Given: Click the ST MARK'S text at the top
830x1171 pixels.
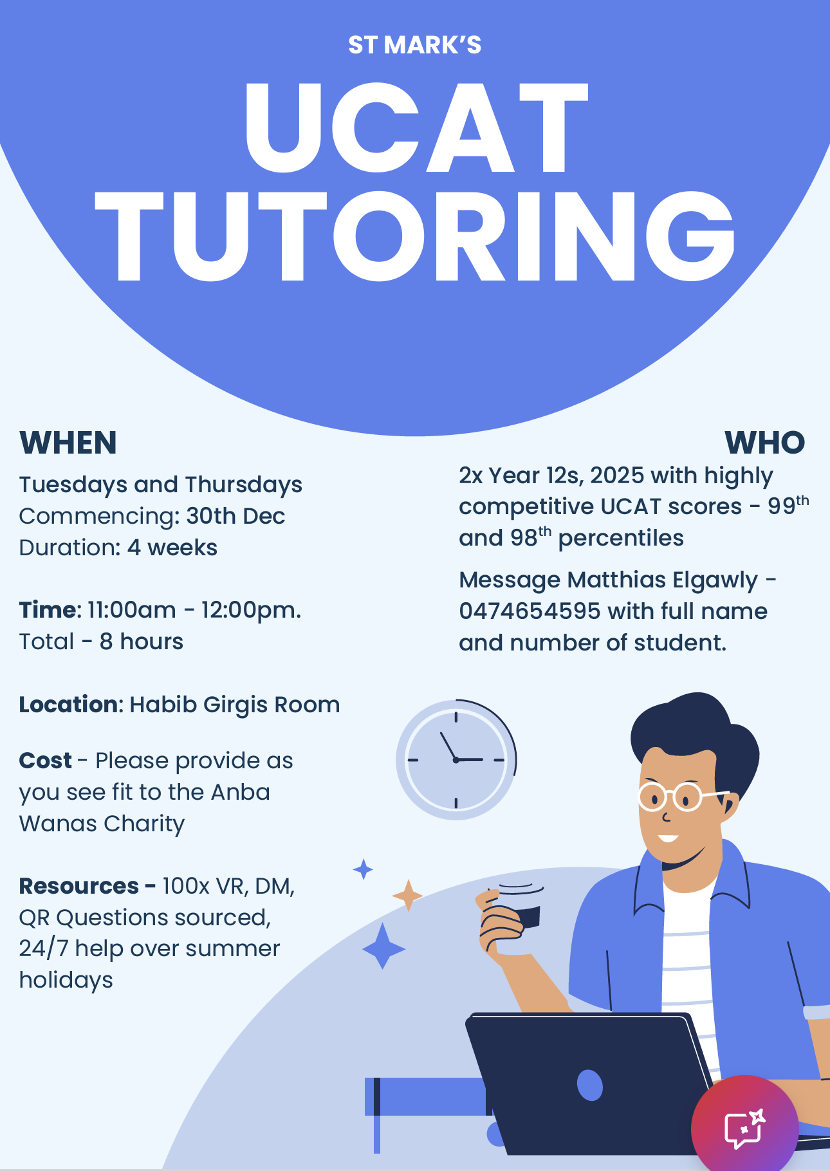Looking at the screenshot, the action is click(x=415, y=45).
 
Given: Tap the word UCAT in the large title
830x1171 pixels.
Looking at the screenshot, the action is click(x=416, y=128).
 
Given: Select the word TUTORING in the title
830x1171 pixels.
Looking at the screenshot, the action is click(x=415, y=237).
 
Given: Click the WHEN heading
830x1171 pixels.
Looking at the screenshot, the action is click(x=68, y=443).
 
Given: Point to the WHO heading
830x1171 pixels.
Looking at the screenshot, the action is click(x=765, y=443).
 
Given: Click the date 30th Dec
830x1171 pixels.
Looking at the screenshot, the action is click(x=235, y=516).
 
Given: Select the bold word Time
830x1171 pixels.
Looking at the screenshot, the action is click(x=48, y=610).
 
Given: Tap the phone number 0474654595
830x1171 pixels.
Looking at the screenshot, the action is click(x=530, y=611).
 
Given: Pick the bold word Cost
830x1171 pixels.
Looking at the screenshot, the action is click(x=45, y=761).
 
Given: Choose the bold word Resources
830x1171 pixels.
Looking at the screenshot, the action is click(x=79, y=886).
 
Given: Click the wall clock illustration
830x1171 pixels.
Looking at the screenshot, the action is click(x=456, y=760).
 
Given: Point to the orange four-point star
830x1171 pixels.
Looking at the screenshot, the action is click(x=407, y=896).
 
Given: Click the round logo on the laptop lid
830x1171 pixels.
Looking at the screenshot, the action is click(x=590, y=1085).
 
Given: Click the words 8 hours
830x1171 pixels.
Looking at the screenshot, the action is click(x=142, y=641).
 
